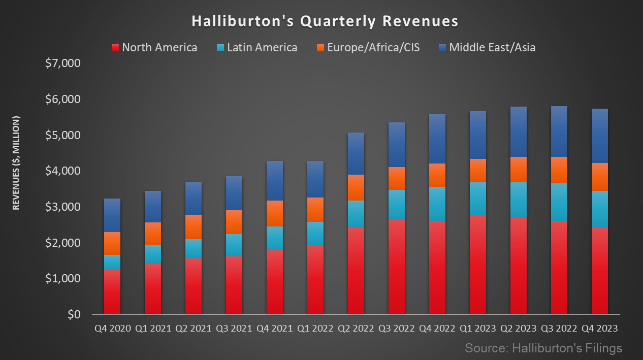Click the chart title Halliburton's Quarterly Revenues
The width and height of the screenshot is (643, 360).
click(325, 21)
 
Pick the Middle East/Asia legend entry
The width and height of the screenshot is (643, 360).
click(487, 48)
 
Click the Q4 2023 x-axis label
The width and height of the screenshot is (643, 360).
click(600, 329)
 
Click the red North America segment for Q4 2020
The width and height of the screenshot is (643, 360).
click(112, 292)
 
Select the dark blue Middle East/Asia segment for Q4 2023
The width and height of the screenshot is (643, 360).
click(600, 136)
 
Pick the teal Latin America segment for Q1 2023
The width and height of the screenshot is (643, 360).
click(478, 199)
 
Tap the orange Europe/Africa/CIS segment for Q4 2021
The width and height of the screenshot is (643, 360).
click(275, 213)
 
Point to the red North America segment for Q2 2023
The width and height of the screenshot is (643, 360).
click(519, 266)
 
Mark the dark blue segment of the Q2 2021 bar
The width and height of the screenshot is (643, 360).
click(194, 198)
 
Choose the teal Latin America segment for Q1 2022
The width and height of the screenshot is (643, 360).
click(315, 234)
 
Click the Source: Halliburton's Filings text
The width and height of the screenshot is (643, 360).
click(543, 348)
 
